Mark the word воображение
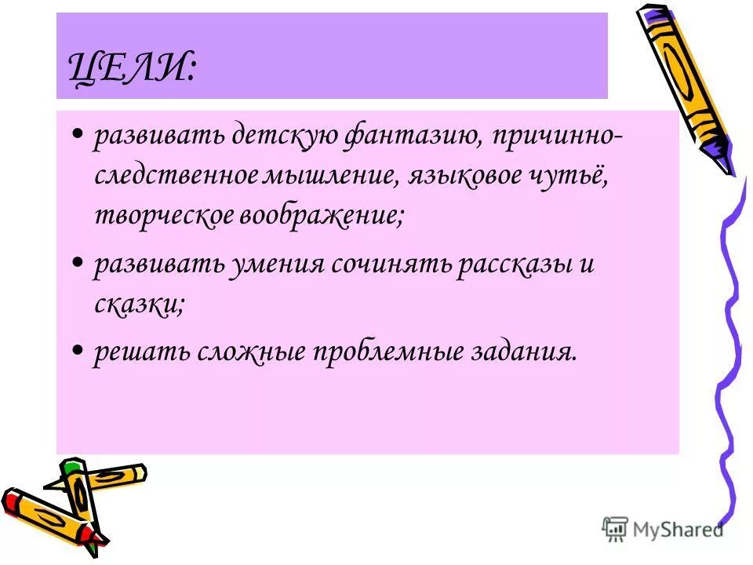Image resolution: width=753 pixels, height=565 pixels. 322,215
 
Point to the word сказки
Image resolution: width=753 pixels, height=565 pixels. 138,304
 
